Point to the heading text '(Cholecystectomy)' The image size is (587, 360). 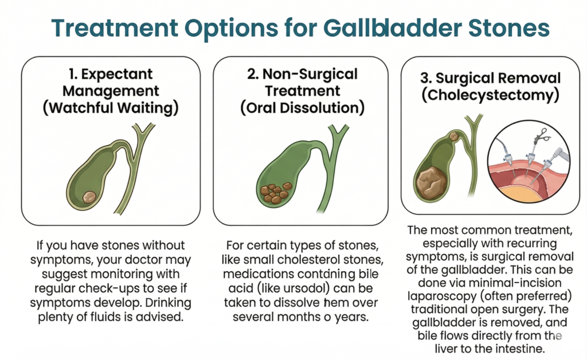pyautogui.click(x=490, y=95)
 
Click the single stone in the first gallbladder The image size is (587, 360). pyautogui.click(x=89, y=197)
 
